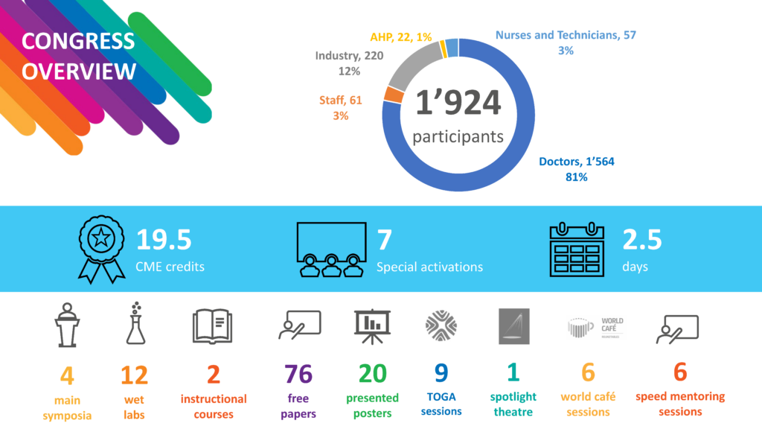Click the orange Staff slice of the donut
coord(394,95)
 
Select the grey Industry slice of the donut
coord(412,64)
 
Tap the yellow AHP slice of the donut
coord(444,49)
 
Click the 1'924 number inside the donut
coord(458,103)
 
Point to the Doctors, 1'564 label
coord(577,162)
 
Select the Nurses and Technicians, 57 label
coord(566,35)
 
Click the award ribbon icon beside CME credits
coord(101,250)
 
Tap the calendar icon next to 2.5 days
coord(577,250)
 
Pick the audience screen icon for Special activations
coord(331,250)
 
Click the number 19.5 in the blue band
coord(164,239)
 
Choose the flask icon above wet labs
coord(135,323)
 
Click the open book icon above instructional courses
coord(212,326)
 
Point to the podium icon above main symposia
coord(67,325)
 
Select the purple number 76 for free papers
coord(298,374)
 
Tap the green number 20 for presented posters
coord(373,374)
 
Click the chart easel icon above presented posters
coord(372,326)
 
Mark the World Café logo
coord(595,328)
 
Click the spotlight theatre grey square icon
coord(514,326)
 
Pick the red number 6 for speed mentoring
coord(680,372)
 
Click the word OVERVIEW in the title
coord(79,71)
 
